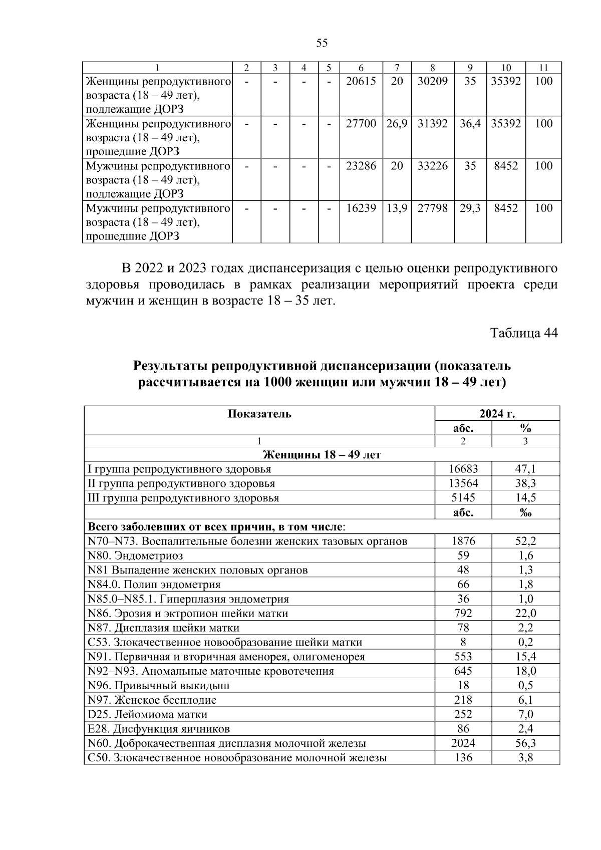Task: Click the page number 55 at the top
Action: (x=322, y=43)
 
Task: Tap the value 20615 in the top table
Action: (x=361, y=81)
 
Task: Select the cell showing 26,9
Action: (x=397, y=123)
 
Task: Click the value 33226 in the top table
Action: (x=432, y=166)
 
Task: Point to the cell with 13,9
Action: (x=397, y=208)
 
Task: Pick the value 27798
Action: (x=432, y=208)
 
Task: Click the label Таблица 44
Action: (x=523, y=333)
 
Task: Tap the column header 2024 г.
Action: (x=497, y=414)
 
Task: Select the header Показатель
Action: (x=259, y=414)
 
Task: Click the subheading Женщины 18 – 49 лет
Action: (x=322, y=455)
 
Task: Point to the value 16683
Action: (x=463, y=469)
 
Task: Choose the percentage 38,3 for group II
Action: (x=525, y=483)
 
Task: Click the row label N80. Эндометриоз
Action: (x=135, y=555)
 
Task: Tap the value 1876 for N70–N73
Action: (x=463, y=541)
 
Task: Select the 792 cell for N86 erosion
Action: (x=463, y=613)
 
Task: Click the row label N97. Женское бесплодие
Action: (x=152, y=700)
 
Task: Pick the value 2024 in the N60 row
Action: (x=463, y=743)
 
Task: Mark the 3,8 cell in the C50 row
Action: (x=525, y=758)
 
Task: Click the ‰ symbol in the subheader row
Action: (x=525, y=512)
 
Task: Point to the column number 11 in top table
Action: (x=543, y=68)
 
